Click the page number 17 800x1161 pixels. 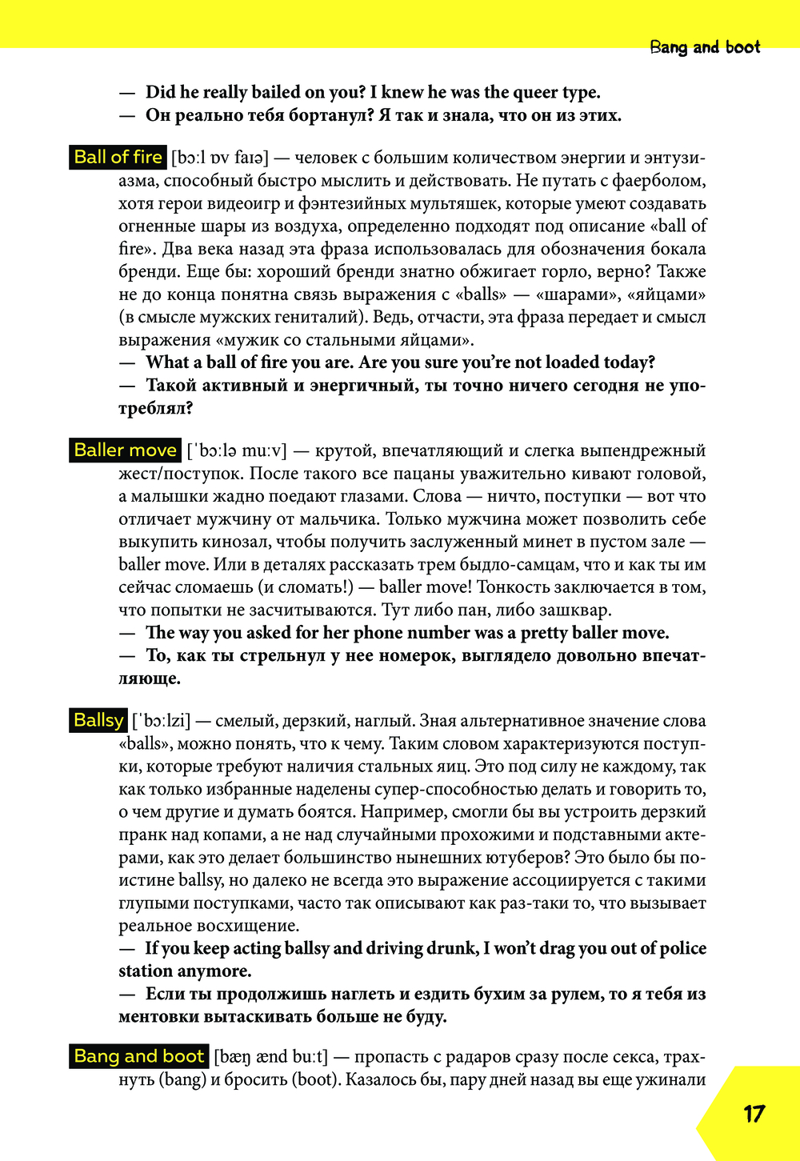(754, 1114)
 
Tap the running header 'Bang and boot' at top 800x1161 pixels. (705, 47)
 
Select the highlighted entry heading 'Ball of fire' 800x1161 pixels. (118, 157)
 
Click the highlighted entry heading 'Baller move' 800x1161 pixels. (125, 450)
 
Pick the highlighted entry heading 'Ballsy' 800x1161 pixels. (98, 720)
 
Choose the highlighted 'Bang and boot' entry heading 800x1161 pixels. (139, 1056)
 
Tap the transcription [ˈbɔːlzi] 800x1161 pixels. (161, 721)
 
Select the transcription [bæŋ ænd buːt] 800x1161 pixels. (270, 1057)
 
